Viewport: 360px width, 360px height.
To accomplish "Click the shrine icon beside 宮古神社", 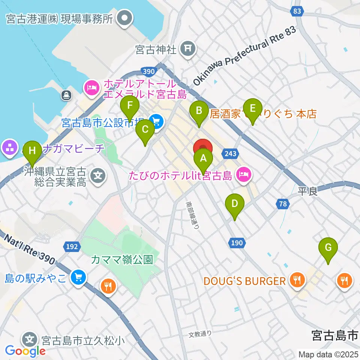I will click(x=186, y=48).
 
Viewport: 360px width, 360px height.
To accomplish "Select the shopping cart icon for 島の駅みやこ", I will click(x=78, y=277).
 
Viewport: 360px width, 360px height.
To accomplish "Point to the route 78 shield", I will click(x=283, y=204).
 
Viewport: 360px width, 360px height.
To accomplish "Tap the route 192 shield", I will click(x=72, y=246).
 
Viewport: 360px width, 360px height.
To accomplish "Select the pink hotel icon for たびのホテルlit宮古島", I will click(x=244, y=174).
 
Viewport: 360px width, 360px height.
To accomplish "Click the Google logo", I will click(x=25, y=351).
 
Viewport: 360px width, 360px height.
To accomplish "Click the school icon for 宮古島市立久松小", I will click(x=30, y=340).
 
